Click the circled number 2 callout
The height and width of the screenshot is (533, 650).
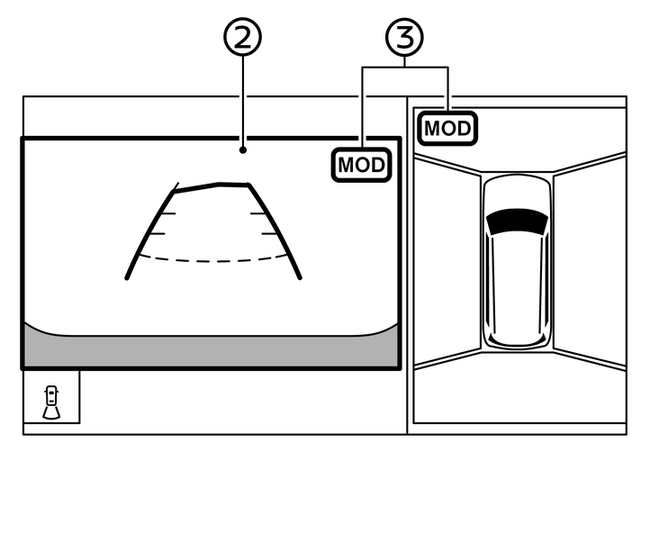tap(242, 37)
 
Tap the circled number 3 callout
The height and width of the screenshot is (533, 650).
tap(405, 37)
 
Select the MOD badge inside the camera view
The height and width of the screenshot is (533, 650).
tap(362, 166)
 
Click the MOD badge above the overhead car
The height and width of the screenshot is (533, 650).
tap(447, 128)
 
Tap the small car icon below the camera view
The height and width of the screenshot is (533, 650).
tap(52, 402)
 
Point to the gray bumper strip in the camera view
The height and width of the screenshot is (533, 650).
tap(211, 350)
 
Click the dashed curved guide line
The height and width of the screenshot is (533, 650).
tap(212, 259)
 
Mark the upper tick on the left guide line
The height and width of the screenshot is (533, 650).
tap(165, 214)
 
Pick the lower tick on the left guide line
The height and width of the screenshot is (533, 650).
tap(156, 233)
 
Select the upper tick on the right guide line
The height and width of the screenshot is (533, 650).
tap(260, 214)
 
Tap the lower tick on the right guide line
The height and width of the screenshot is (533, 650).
tap(269, 233)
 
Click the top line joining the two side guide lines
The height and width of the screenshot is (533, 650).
tap(212, 185)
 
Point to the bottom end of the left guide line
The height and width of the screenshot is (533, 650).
tap(127, 277)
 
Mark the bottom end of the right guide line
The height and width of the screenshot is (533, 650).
tap(299, 277)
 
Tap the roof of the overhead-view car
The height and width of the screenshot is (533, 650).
tap(516, 270)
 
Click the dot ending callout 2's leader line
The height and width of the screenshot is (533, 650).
tap(242, 150)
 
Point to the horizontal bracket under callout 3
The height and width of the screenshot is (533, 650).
tap(405, 68)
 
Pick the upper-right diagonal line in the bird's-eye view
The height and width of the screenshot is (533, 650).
tap(590, 163)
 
